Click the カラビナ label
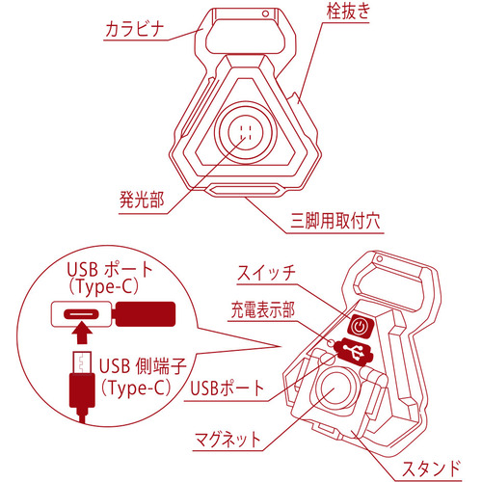pyautogui.click(x=135, y=30)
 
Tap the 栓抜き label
pyautogui.click(x=348, y=12)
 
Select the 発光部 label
pyautogui.click(x=142, y=200)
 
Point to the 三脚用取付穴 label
pyautogui.click(x=335, y=221)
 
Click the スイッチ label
pyautogui.click(x=266, y=273)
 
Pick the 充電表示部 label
pyautogui.click(x=262, y=309)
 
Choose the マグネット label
pyautogui.click(x=228, y=440)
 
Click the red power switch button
pyautogui.click(x=361, y=327)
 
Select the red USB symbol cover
pyautogui.click(x=354, y=352)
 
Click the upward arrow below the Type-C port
pyautogui.click(x=82, y=334)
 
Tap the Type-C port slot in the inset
pyautogui.click(x=81, y=313)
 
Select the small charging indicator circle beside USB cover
pyautogui.click(x=331, y=342)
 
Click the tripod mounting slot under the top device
pyautogui.click(x=245, y=189)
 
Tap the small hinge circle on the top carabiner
pyautogui.click(x=265, y=13)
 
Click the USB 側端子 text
pyautogui.click(x=143, y=365)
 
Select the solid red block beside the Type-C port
pyautogui.click(x=146, y=314)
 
